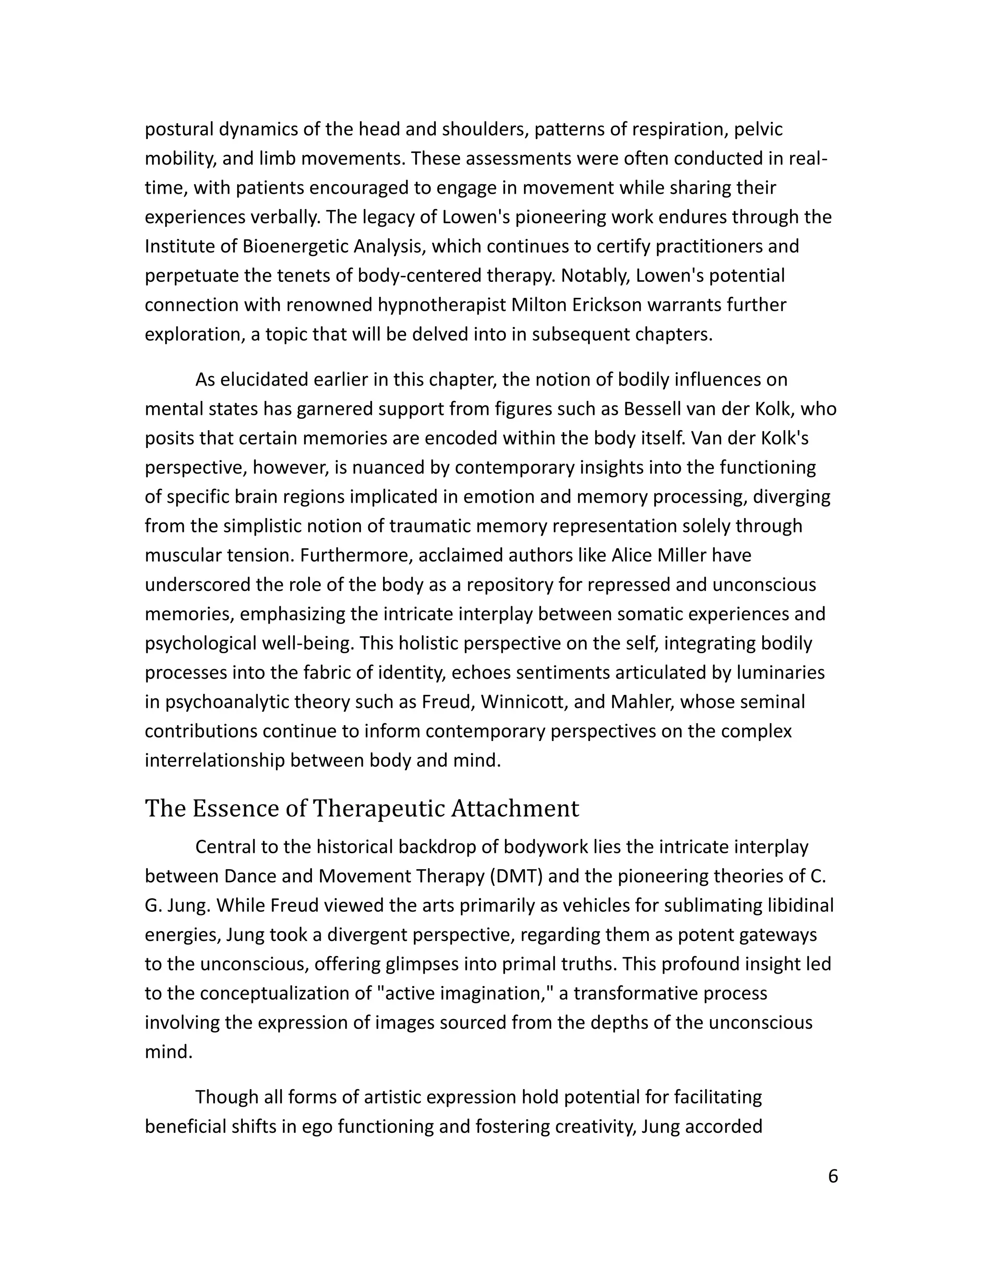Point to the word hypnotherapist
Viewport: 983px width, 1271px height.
pos(442,305)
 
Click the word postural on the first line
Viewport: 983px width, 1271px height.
pos(179,129)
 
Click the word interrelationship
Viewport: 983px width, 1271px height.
pos(214,761)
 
